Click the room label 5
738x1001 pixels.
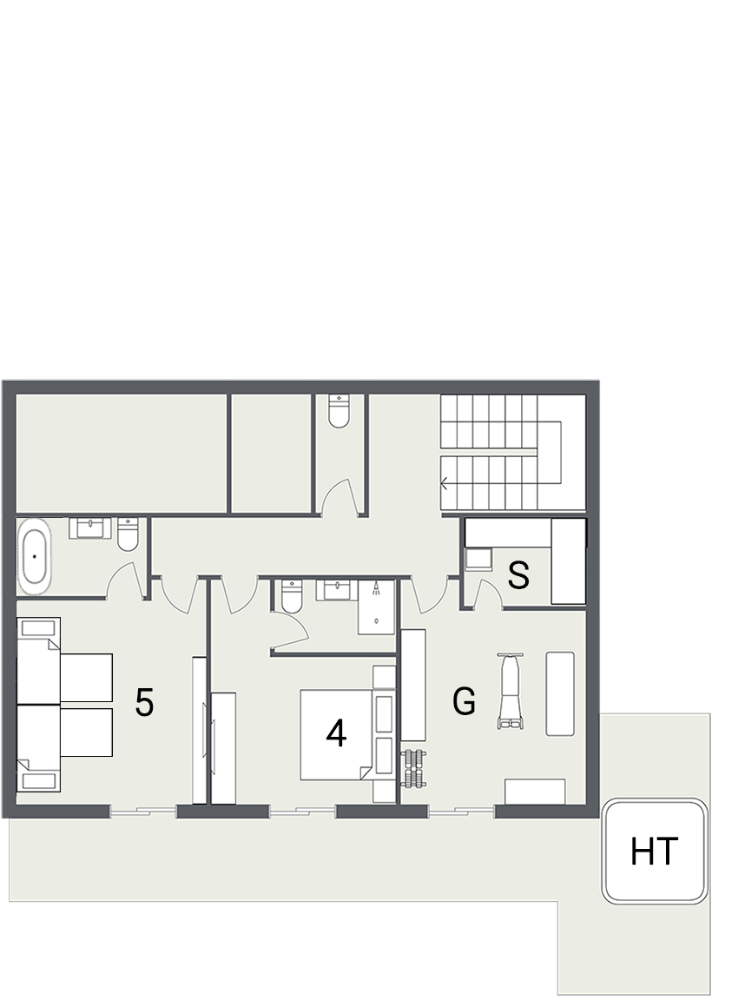[144, 702]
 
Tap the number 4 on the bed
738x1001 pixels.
[336, 734]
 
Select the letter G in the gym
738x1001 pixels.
[465, 701]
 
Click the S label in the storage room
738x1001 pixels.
[518, 575]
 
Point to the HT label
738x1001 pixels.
[653, 852]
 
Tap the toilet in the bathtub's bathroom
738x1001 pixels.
[128, 536]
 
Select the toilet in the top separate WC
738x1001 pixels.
[339, 410]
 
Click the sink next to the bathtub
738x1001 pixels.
[91, 528]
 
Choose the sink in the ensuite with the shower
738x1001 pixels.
[338, 591]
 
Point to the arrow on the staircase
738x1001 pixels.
[445, 484]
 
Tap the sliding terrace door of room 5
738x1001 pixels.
[144, 812]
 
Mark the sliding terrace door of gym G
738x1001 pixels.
[462, 812]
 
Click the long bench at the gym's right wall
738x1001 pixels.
[560, 693]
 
